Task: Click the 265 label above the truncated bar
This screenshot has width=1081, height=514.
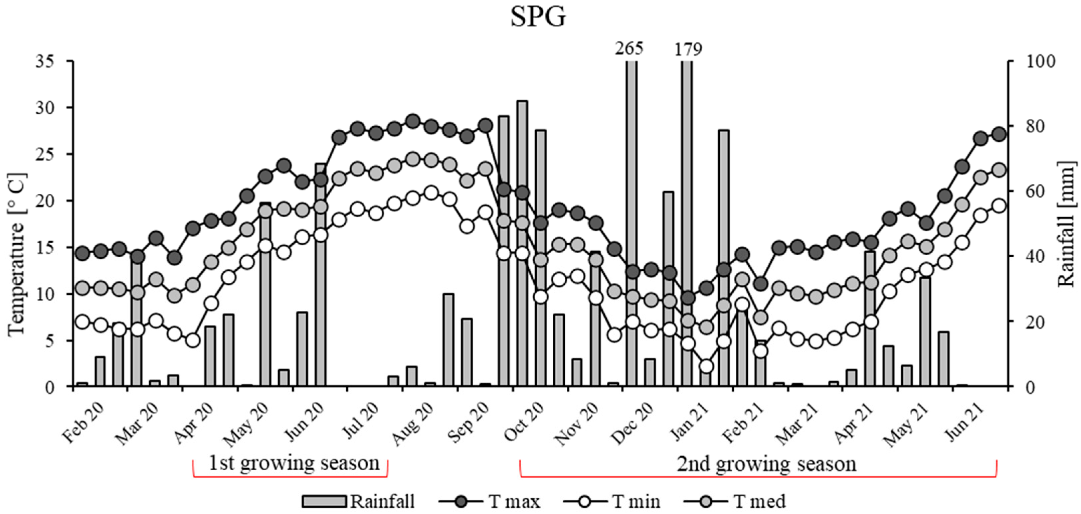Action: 628,49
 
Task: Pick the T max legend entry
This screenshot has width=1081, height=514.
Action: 490,501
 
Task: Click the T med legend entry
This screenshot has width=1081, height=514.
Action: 735,501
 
